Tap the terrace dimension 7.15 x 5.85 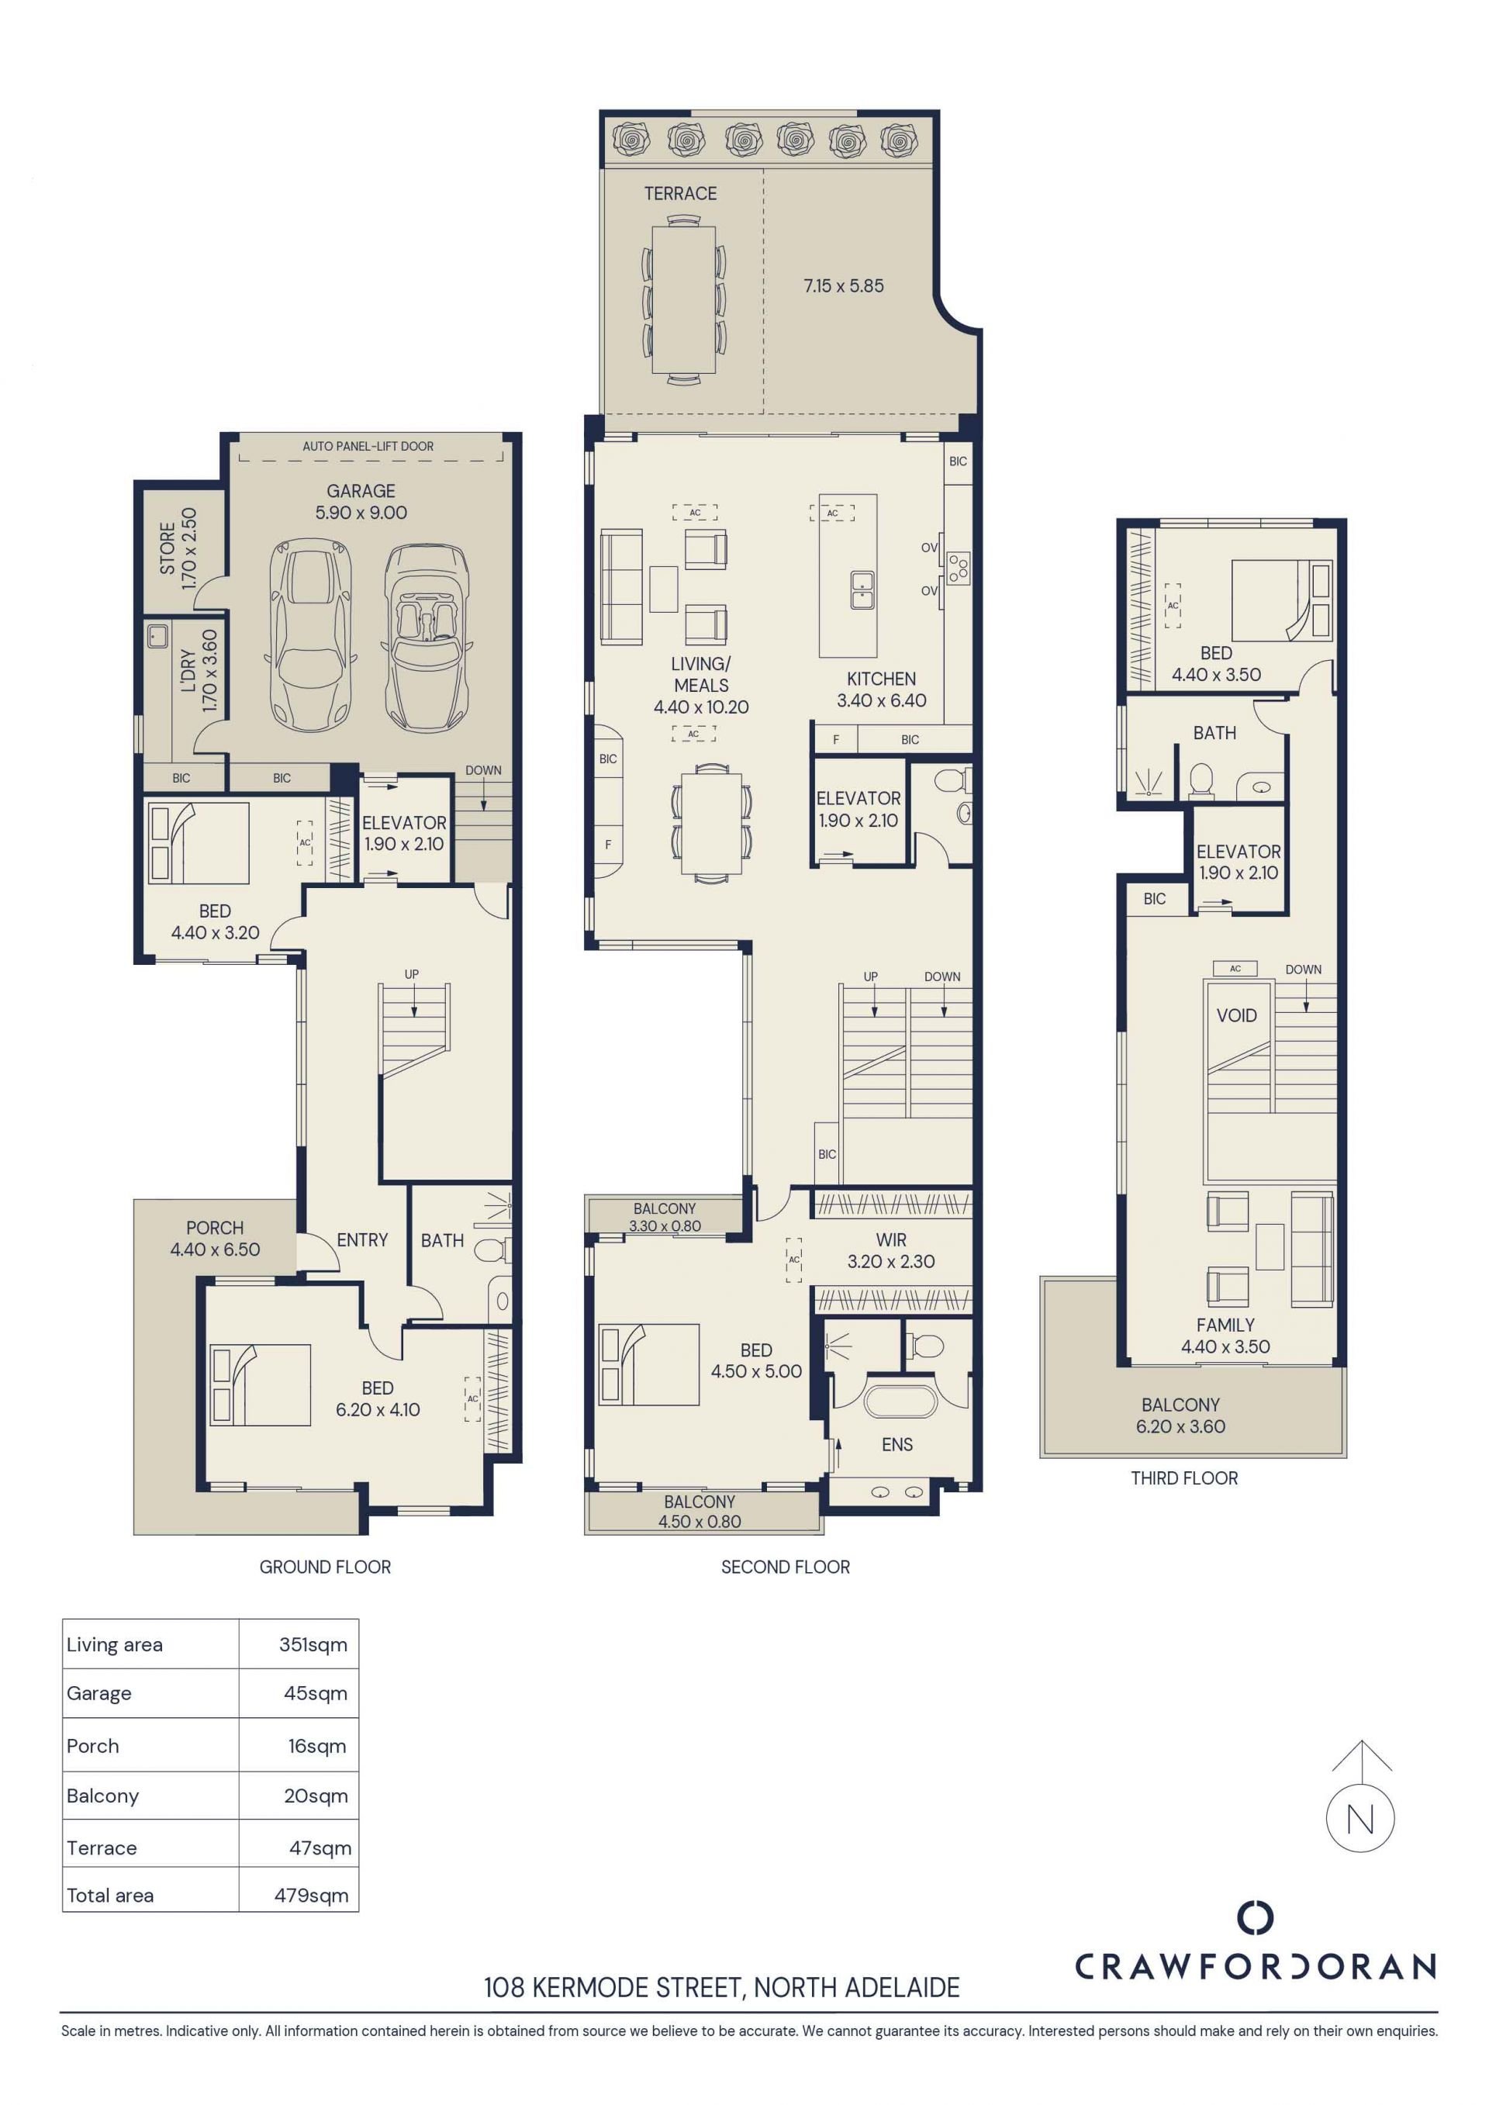click(844, 286)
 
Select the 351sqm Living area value click(313, 1645)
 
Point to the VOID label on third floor click(1236, 1016)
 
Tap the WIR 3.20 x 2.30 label click(890, 1250)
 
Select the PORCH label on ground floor click(215, 1229)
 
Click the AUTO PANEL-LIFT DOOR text click(368, 447)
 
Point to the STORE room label click(167, 548)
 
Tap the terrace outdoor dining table click(683, 299)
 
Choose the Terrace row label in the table click(102, 1848)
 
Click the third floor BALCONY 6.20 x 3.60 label click(1180, 1415)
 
